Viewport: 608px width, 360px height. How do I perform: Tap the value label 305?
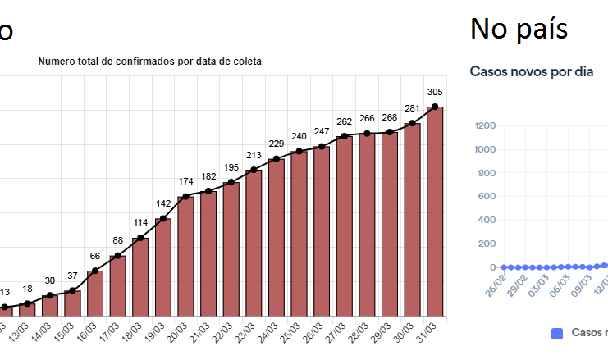click(435, 92)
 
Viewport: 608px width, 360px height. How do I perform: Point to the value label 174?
click(185, 180)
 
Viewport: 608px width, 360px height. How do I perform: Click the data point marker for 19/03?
click(162, 219)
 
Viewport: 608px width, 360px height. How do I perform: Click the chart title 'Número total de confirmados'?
click(149, 62)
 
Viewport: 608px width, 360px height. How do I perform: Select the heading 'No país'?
click(519, 29)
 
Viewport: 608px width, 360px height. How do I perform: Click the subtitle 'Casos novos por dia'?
click(532, 71)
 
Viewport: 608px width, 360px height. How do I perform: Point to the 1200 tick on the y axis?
click(484, 125)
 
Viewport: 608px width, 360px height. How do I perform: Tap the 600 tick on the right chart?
click(487, 196)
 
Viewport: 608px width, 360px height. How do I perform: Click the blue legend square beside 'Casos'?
click(558, 333)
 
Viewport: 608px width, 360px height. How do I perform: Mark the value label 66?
click(94, 257)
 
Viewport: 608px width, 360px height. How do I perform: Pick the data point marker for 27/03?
click(344, 136)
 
